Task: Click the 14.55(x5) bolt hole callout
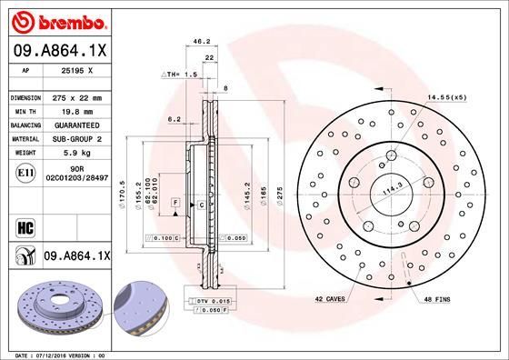(445, 96)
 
